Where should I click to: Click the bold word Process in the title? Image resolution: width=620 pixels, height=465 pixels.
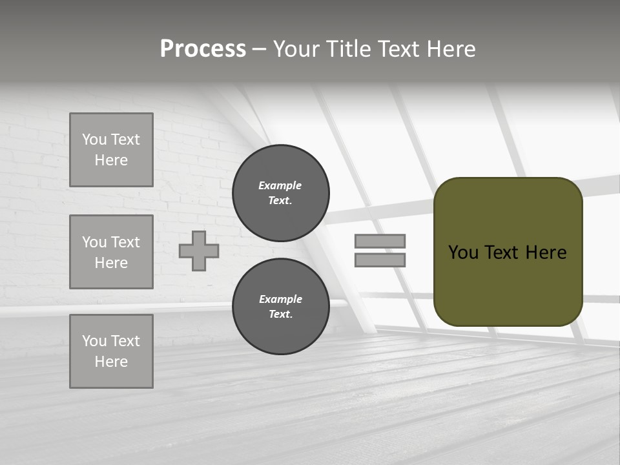[203, 49]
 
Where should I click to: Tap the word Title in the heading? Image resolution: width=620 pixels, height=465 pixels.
[347, 49]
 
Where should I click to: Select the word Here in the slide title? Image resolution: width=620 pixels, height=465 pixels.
[450, 49]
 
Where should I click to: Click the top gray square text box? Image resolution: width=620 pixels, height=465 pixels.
[111, 150]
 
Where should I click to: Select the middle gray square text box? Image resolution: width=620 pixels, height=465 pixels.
[111, 252]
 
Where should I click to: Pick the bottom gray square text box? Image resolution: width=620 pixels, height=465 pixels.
[111, 351]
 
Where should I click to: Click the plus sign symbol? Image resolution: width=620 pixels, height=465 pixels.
[199, 251]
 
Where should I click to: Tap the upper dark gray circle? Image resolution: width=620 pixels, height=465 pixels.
[280, 192]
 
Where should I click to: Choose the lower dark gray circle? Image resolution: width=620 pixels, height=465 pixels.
[280, 306]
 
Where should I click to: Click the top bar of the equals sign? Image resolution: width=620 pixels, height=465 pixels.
[380, 241]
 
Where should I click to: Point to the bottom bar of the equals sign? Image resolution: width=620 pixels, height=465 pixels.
[380, 260]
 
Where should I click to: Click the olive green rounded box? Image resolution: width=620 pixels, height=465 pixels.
[508, 284]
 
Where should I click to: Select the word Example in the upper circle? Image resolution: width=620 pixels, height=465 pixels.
[280, 185]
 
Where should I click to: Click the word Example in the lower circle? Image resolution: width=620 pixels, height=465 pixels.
[280, 299]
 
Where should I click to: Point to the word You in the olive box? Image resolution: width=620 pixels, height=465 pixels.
[463, 253]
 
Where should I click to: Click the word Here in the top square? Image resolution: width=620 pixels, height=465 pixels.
[111, 160]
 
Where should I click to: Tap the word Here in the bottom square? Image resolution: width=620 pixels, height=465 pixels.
[111, 362]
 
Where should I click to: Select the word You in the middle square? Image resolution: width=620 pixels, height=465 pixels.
[94, 242]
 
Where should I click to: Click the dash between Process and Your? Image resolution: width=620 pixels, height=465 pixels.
[259, 50]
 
